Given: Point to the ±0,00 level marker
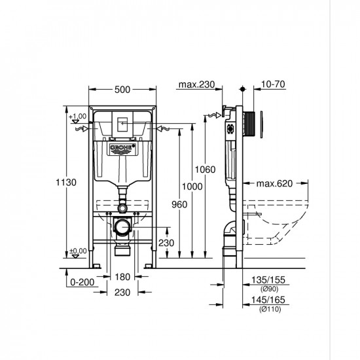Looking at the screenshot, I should pos(77,250).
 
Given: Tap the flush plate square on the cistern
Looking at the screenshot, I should pos(121,124).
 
